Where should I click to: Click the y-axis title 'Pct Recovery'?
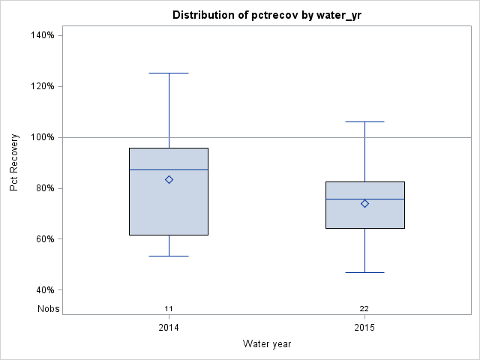[x=14, y=163]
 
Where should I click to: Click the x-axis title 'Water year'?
[x=266, y=343]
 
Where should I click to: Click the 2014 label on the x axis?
[x=169, y=328]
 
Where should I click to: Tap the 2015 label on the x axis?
[x=364, y=328]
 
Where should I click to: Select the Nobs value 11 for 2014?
[x=169, y=308]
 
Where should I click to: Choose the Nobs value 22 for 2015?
[x=364, y=308]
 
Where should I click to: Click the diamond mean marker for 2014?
[x=169, y=179]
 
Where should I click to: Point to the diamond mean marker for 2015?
[x=364, y=203]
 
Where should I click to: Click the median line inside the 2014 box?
[x=150, y=169]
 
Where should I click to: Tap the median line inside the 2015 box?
[x=345, y=199]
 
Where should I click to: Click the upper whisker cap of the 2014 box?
[x=169, y=73]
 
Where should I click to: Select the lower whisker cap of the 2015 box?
[x=364, y=272]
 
